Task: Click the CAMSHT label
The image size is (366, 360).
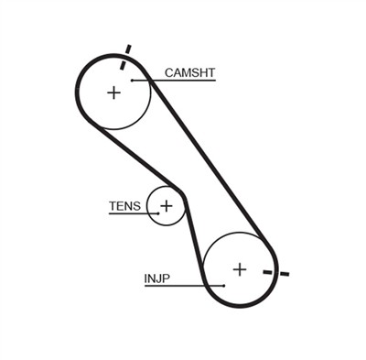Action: point(189,71)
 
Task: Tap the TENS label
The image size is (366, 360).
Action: point(124,206)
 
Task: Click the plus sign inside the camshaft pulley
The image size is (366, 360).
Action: point(113,92)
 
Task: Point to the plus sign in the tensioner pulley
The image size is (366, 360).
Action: point(166,205)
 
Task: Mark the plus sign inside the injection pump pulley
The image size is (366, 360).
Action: point(239,268)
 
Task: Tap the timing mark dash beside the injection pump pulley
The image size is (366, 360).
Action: point(275,272)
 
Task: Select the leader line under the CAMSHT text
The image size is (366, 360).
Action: point(178,81)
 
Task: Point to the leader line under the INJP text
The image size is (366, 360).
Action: point(178,286)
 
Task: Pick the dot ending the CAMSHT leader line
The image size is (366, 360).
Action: point(133,81)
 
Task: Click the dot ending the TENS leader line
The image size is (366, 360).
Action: point(156,214)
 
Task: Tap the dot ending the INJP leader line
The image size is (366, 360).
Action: point(223,286)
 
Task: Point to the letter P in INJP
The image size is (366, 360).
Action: point(167,278)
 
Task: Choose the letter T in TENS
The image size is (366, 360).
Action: point(113,206)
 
